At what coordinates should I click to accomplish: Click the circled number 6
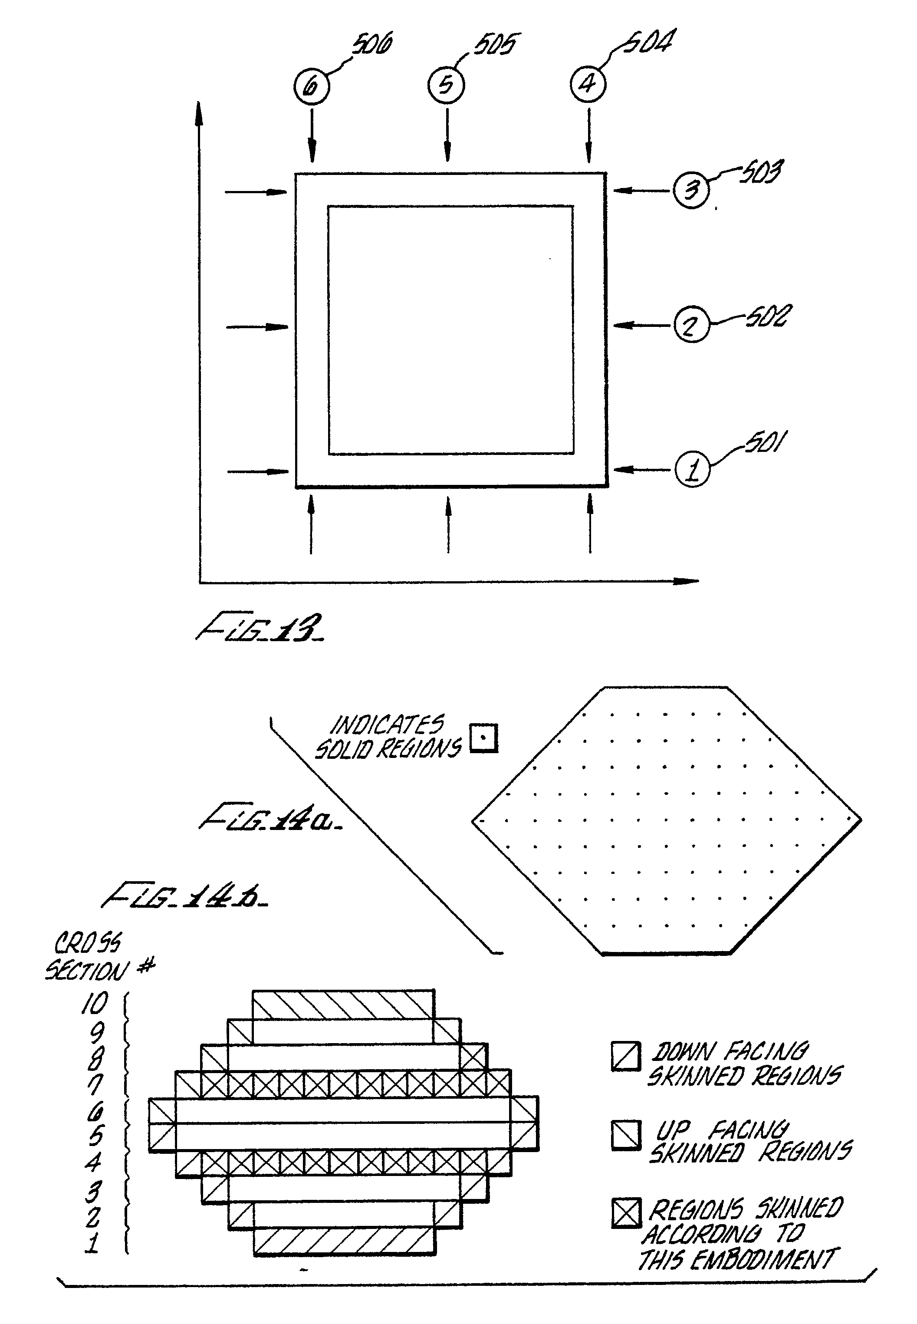click(x=311, y=86)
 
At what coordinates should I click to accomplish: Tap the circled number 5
click(x=446, y=85)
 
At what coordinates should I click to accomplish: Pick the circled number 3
click(x=691, y=190)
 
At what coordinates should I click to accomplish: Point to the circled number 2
click(x=691, y=325)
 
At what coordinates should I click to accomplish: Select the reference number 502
click(x=768, y=316)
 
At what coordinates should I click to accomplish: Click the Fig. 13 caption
click(x=260, y=628)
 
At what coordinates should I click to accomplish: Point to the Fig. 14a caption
click(x=270, y=817)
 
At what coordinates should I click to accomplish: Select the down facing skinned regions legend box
click(x=626, y=1056)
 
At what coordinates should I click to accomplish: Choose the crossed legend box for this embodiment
click(x=626, y=1214)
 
